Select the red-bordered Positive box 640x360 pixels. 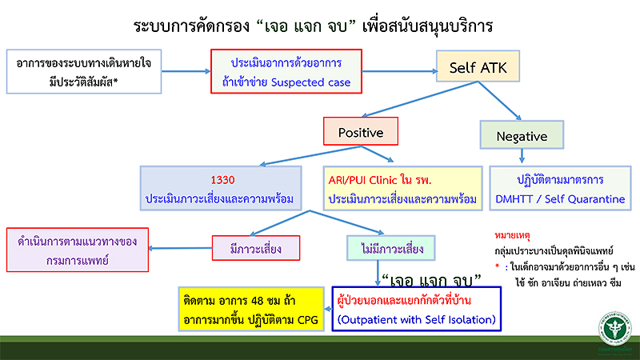tap(361, 134)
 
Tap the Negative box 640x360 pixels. tap(522, 137)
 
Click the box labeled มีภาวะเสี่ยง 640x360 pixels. tap(255, 250)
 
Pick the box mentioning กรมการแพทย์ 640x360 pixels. tap(78, 250)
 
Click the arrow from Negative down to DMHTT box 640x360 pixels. tap(522, 157)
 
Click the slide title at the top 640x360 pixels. tap(320, 25)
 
